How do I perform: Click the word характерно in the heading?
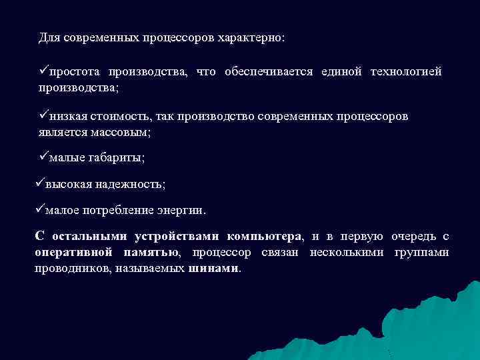[251, 37]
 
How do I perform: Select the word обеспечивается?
[269, 72]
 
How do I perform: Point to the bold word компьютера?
[264, 237]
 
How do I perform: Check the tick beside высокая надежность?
[39, 183]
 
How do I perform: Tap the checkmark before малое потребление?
[39, 209]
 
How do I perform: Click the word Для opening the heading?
[48, 37]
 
